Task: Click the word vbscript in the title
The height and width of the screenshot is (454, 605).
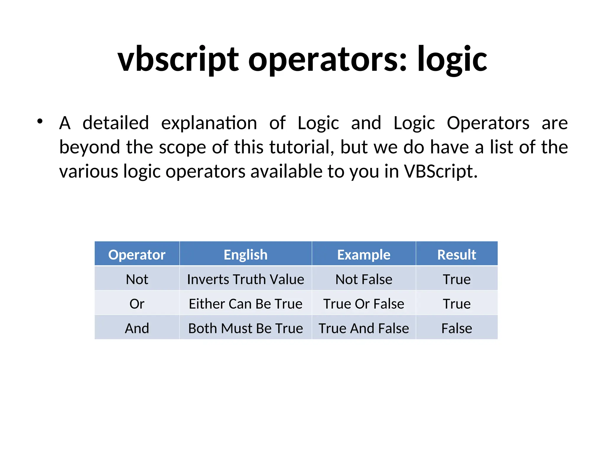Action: click(178, 59)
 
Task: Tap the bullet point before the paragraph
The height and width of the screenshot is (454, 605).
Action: click(40, 121)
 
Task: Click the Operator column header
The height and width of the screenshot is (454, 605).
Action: click(137, 254)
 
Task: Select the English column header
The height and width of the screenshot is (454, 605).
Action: click(245, 254)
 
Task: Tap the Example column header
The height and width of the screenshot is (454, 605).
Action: click(364, 254)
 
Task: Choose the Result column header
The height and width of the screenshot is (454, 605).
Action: click(456, 254)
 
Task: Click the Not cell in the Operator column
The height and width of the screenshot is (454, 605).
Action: click(137, 279)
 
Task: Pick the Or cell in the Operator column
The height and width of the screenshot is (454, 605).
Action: click(137, 304)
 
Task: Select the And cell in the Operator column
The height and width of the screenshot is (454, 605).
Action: click(137, 328)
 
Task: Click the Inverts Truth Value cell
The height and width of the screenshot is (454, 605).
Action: click(245, 279)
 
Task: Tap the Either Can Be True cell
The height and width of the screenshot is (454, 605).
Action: click(245, 304)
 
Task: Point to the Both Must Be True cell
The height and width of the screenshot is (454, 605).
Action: click(245, 328)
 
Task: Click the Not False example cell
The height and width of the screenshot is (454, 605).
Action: click(364, 279)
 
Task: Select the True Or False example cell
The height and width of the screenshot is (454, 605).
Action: click(364, 304)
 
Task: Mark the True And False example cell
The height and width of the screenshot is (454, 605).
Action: click(364, 328)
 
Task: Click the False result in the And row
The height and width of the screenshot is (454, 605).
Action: click(456, 328)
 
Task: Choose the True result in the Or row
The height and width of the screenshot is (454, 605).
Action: click(456, 304)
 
